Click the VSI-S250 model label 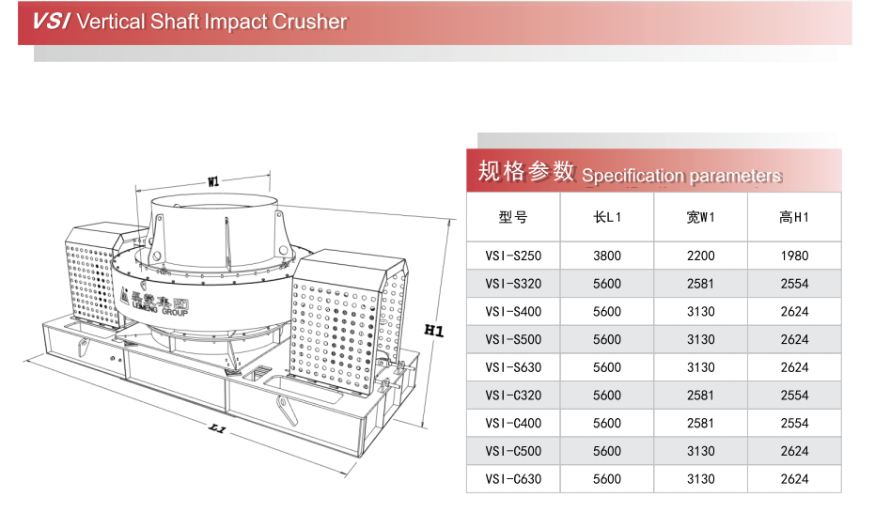[x=513, y=256]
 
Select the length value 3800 [x=607, y=256]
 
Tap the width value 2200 [x=700, y=256]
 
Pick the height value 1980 [x=794, y=256]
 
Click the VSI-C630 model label [x=513, y=479]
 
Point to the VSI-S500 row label [x=513, y=339]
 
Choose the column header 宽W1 [x=700, y=217]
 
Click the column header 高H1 [x=794, y=217]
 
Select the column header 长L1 [x=607, y=217]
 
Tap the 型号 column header [x=513, y=217]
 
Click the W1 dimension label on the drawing [x=213, y=181]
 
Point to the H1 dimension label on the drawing [x=433, y=330]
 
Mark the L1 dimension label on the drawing [x=217, y=429]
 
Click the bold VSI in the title [x=51, y=22]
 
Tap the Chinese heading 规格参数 [x=525, y=171]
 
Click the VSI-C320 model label [x=513, y=396]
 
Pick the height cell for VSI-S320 [x=794, y=284]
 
